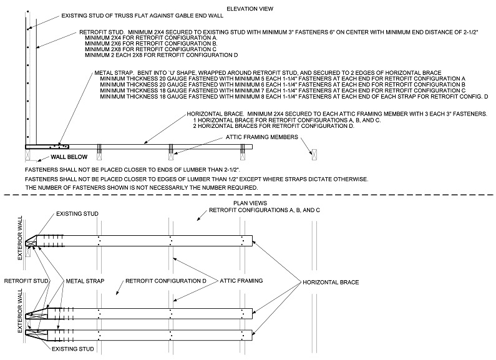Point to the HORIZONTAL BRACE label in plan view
click(x=331, y=283)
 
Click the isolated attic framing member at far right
click(x=314, y=153)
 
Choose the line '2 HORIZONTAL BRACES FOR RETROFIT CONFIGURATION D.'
click(x=274, y=126)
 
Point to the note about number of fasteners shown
click(x=141, y=187)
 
